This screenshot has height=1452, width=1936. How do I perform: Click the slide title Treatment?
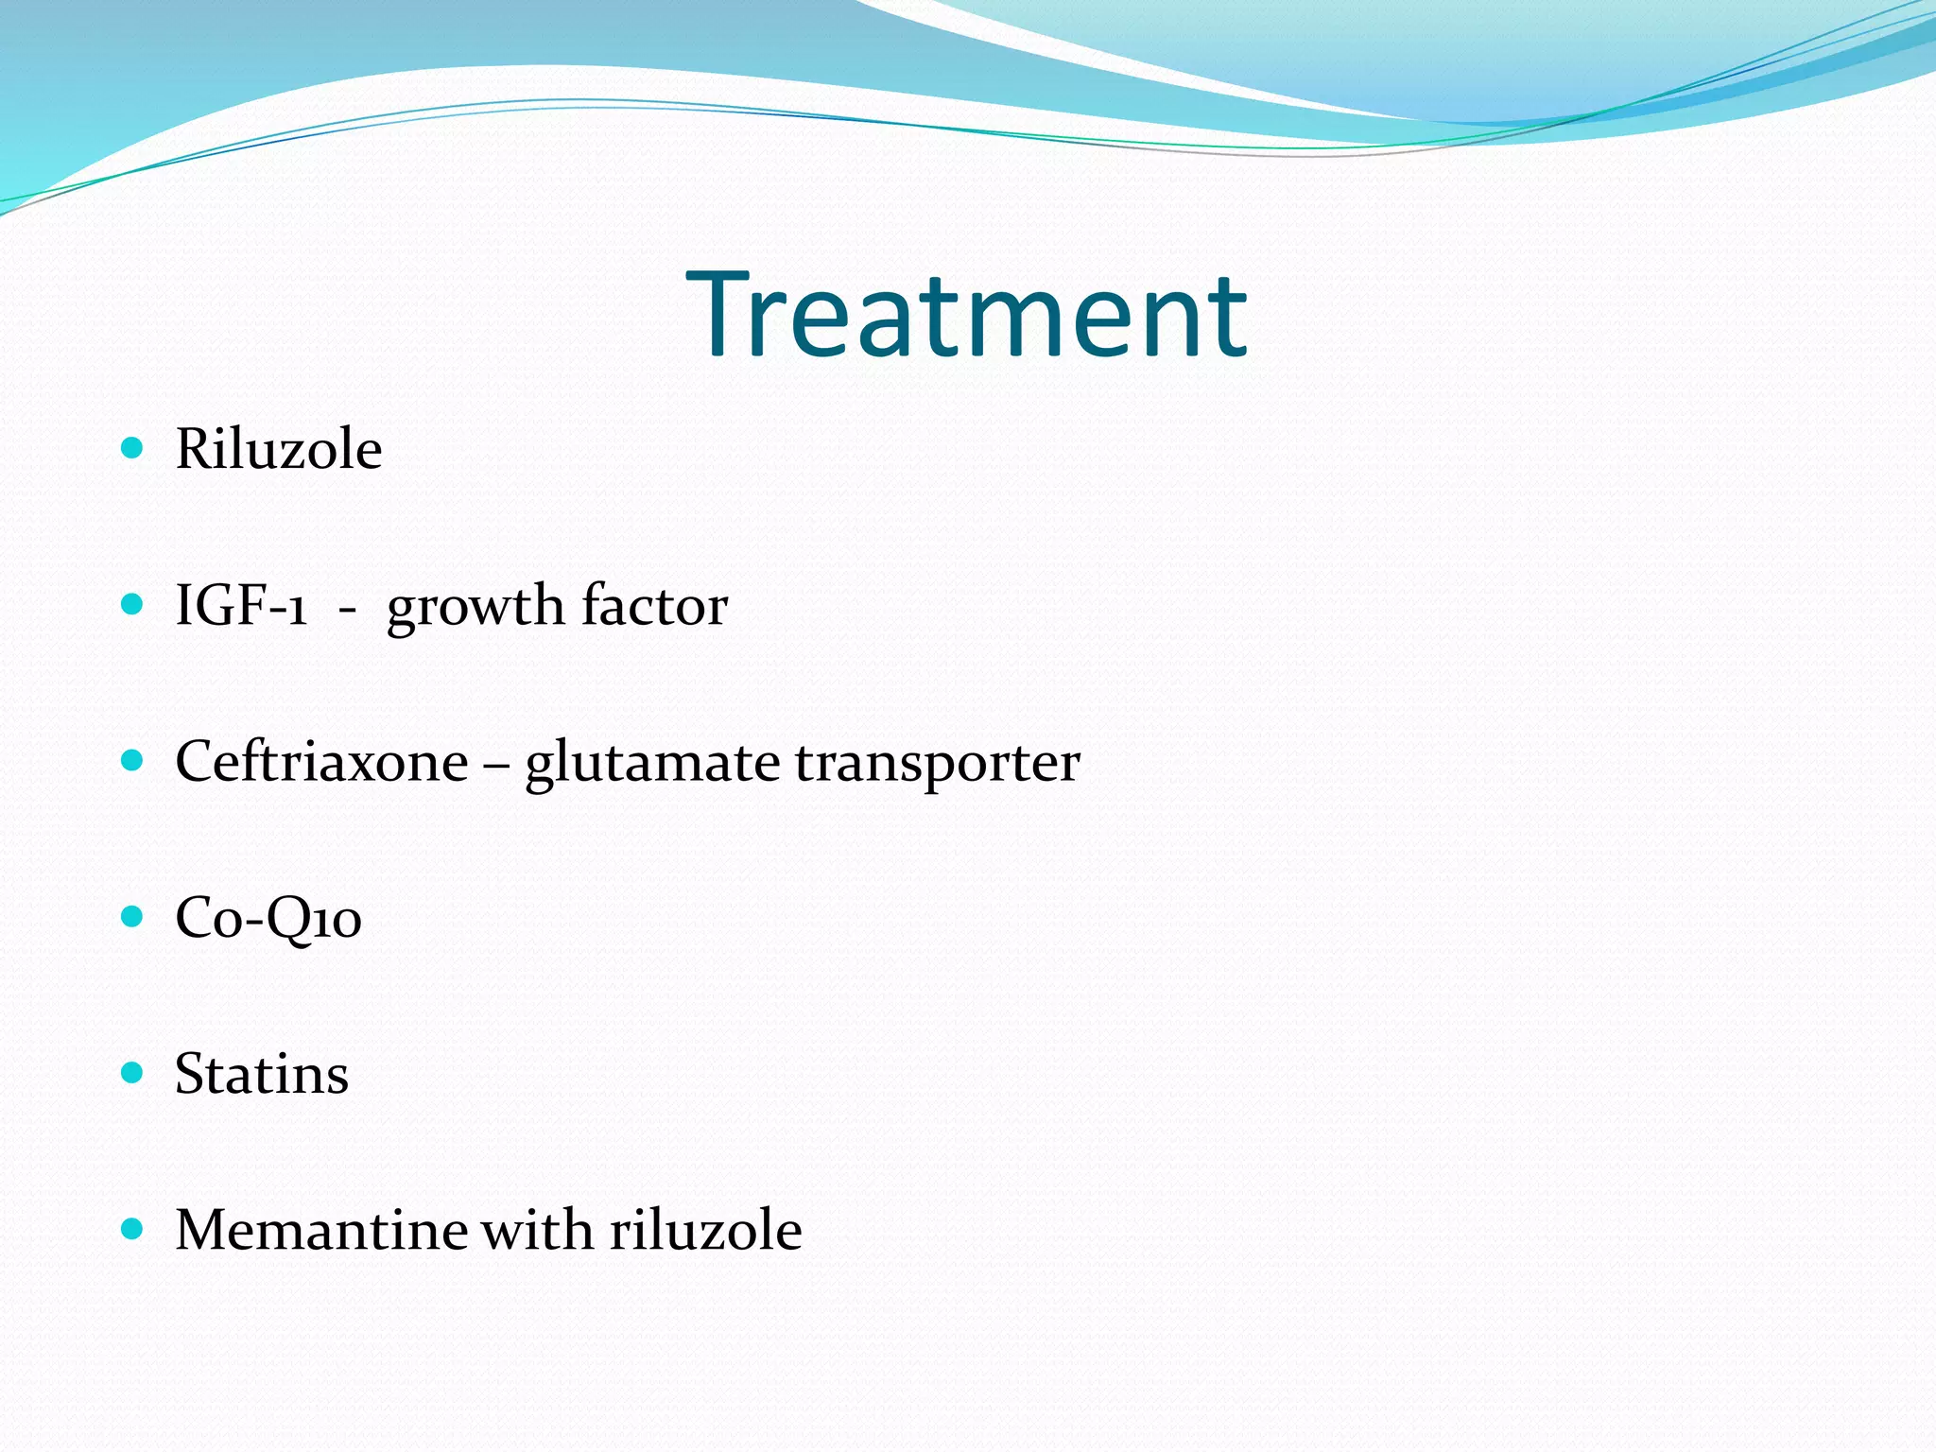pyautogui.click(x=966, y=315)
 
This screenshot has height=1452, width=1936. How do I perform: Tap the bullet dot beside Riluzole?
pyautogui.click(x=132, y=447)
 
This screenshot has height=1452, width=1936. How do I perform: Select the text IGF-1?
pyautogui.click(x=241, y=605)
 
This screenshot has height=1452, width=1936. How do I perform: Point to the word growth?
pyautogui.click(x=475, y=607)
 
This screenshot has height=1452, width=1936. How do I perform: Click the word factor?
pyautogui.click(x=654, y=605)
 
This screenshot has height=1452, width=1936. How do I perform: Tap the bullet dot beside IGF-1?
pyautogui.click(x=132, y=603)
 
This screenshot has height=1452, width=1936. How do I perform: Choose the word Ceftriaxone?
pyautogui.click(x=321, y=761)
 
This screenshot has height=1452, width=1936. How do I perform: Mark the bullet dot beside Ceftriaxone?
pyautogui.click(x=132, y=759)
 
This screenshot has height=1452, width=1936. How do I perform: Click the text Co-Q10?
pyautogui.click(x=268, y=918)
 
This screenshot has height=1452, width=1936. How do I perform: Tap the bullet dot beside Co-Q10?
pyautogui.click(x=132, y=915)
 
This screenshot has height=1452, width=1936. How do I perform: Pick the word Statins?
pyautogui.click(x=262, y=1074)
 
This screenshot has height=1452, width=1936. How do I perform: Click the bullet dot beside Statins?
pyautogui.click(x=132, y=1072)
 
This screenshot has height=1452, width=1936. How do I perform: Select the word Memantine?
pyautogui.click(x=320, y=1230)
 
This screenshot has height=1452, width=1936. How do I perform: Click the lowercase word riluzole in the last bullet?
pyautogui.click(x=705, y=1230)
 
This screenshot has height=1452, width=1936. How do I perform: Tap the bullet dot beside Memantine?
pyautogui.click(x=132, y=1228)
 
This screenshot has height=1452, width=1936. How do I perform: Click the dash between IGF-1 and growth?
pyautogui.click(x=347, y=611)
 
